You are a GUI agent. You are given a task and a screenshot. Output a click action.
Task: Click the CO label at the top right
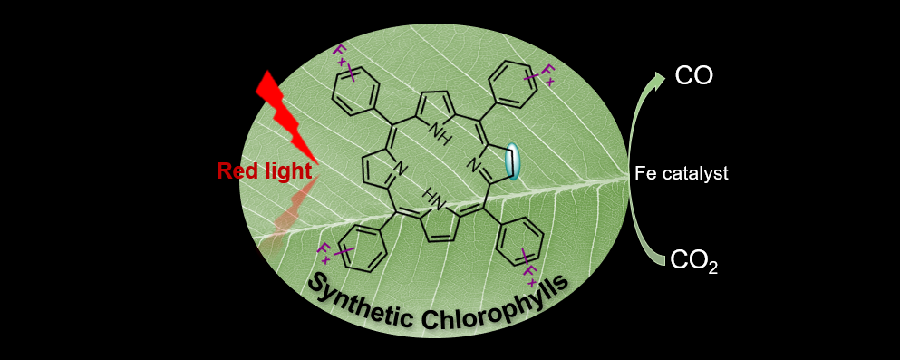(694, 76)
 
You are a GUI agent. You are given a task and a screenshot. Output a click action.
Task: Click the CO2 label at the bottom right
(693, 262)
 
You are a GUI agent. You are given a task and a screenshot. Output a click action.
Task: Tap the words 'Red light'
(265, 170)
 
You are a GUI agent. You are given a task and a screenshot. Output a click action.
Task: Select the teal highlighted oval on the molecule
(513, 162)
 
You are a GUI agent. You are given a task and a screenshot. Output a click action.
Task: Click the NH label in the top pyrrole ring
(442, 137)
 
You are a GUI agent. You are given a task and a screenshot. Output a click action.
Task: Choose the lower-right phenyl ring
(522, 243)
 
